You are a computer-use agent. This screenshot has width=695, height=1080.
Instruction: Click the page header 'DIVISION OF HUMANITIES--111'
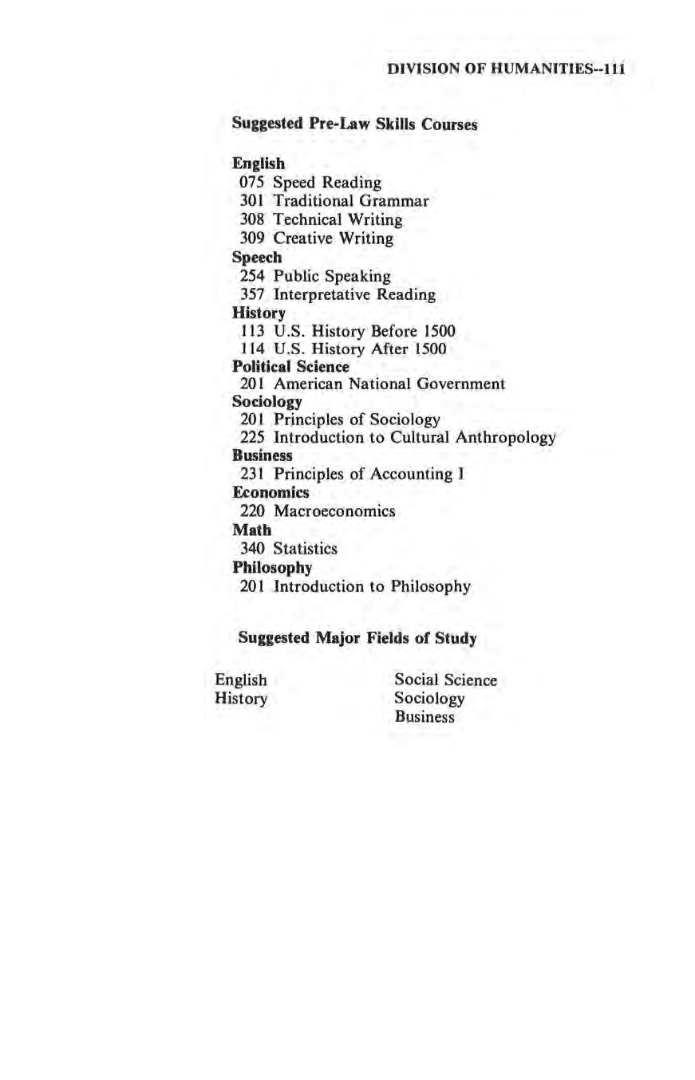coord(504,69)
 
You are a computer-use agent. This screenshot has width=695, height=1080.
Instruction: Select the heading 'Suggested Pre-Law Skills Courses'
coord(354,124)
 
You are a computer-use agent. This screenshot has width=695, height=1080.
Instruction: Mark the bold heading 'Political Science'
coord(290,367)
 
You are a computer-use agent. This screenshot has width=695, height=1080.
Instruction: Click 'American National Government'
coord(389,384)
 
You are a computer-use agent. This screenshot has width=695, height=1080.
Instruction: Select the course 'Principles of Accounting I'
coord(369,475)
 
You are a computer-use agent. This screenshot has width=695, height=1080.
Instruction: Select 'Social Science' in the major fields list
coord(445,680)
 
